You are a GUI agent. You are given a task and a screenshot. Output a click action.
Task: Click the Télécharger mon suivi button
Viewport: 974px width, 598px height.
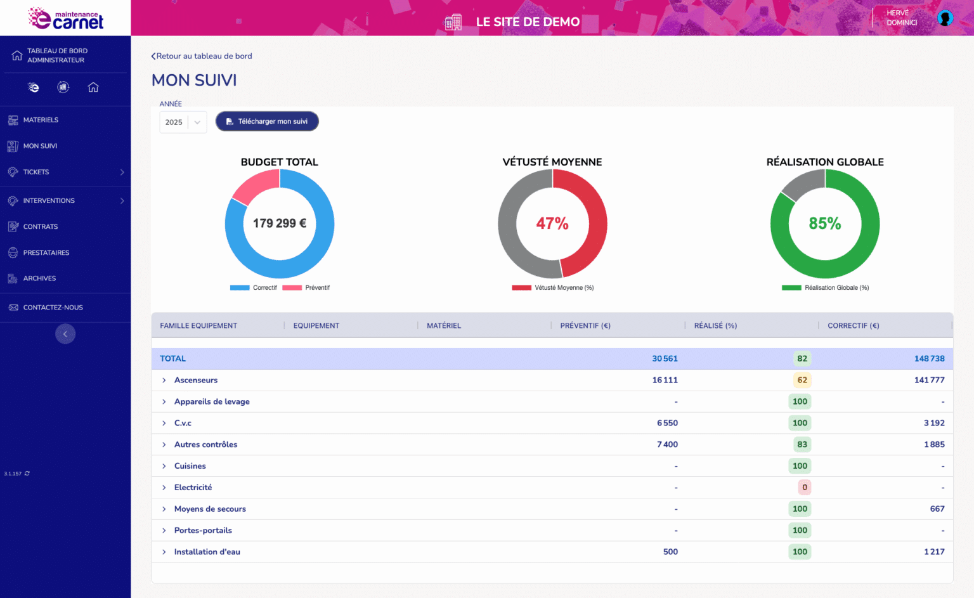[x=267, y=121]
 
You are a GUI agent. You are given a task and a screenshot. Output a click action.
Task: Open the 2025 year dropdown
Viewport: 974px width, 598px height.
[x=183, y=122]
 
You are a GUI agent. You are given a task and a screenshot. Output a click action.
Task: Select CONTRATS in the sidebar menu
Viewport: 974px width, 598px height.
[x=41, y=226]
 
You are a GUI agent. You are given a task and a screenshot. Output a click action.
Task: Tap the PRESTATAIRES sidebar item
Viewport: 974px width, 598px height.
[x=46, y=252]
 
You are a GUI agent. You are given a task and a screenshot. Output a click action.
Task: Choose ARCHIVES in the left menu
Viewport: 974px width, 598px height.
[x=39, y=278]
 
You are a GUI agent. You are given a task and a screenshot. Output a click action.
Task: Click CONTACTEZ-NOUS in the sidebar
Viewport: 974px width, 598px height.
[x=53, y=308]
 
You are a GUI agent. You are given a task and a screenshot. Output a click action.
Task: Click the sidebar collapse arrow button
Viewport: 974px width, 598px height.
[x=65, y=334]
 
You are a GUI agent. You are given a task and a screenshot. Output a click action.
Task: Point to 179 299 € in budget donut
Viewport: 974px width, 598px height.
[x=279, y=223]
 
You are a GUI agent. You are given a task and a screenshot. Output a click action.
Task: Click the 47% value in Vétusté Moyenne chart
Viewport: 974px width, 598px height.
[x=552, y=223]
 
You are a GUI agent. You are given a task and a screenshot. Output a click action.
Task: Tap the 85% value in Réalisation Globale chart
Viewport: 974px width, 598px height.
[x=824, y=223]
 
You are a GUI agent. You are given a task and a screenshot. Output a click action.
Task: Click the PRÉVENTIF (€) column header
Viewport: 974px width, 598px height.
[x=585, y=325]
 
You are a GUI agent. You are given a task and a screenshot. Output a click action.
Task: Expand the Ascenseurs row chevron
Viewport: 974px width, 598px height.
[x=164, y=380]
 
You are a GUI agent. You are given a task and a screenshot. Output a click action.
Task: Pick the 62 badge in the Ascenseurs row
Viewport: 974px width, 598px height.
[x=802, y=380]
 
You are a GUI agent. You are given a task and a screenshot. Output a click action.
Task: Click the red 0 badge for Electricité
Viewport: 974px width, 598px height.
[x=804, y=488]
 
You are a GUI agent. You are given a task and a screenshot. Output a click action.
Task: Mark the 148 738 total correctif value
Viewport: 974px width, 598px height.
[x=929, y=359]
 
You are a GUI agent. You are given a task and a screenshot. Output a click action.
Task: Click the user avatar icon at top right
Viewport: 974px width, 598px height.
[x=945, y=18]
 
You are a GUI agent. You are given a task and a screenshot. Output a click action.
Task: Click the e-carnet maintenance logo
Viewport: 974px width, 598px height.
[x=65, y=18]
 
